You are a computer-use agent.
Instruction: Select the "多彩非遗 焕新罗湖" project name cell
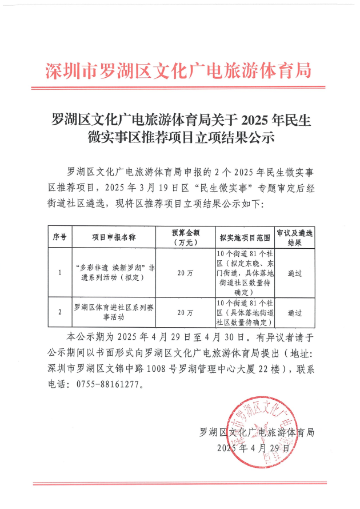(x=113, y=273)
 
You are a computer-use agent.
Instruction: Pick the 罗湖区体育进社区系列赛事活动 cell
(x=113, y=313)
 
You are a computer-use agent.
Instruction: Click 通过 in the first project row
(x=294, y=273)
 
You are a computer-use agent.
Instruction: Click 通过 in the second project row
(x=294, y=313)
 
